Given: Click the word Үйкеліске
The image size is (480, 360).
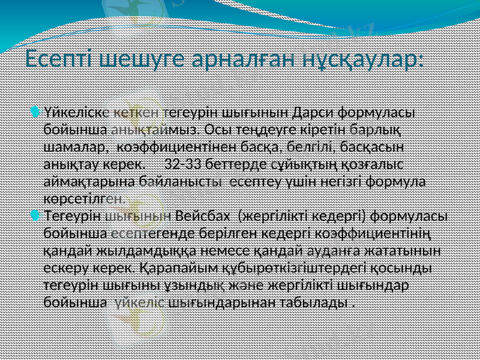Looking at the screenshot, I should pyautogui.click(x=76, y=112).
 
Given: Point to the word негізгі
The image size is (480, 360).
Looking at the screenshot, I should pyautogui.click(x=341, y=181).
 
